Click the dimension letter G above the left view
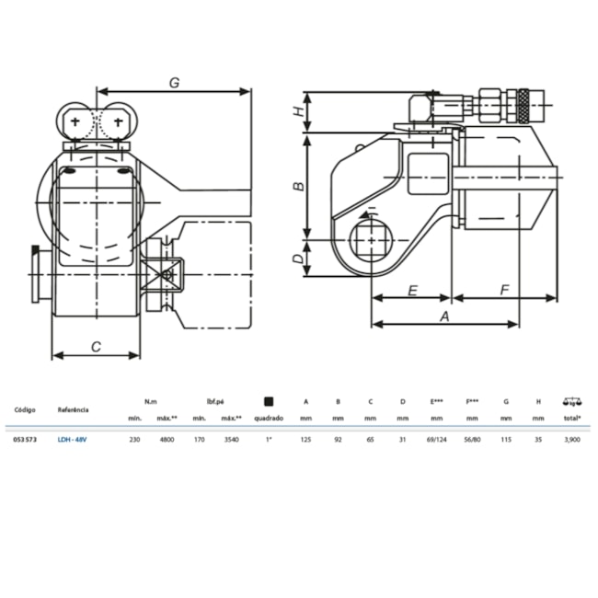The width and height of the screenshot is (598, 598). click(x=173, y=82)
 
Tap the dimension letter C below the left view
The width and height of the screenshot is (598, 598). click(x=97, y=346)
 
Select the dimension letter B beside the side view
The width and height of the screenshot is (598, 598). click(x=297, y=186)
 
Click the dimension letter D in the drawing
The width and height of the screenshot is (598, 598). click(x=297, y=259)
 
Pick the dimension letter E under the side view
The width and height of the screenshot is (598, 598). click(x=413, y=290)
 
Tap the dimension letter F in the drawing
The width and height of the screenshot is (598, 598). click(x=504, y=290)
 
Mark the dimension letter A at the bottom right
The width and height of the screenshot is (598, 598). click(x=444, y=316)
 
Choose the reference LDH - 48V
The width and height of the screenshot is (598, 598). click(x=72, y=439)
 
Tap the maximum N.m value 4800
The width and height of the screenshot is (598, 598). click(x=167, y=439)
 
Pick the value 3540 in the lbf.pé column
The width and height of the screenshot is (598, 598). click(x=230, y=439)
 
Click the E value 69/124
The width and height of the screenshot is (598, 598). click(x=438, y=439)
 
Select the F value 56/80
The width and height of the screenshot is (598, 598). click(x=473, y=439)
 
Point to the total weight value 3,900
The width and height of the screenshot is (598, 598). click(x=571, y=439)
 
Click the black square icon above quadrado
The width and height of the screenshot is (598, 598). click(x=268, y=401)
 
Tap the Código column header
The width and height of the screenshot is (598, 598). click(x=25, y=409)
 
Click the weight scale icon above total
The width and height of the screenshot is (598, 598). click(x=572, y=401)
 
